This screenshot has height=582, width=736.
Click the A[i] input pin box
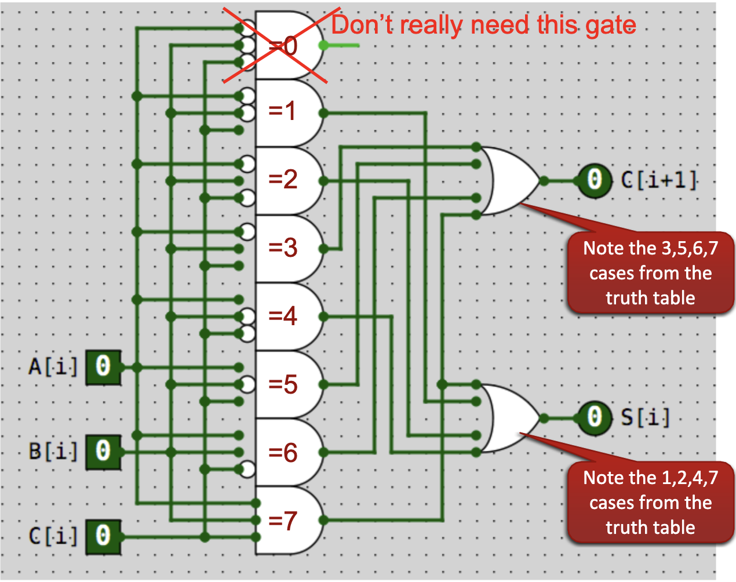click(x=103, y=368)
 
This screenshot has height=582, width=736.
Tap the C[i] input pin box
click(x=103, y=537)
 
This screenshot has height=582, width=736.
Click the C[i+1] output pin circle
click(x=594, y=180)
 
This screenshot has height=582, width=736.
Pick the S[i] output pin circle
click(x=594, y=417)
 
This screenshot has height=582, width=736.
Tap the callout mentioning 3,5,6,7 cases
click(x=650, y=273)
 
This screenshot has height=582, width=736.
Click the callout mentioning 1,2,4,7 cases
click(x=650, y=503)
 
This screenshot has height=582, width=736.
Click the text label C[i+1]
click(x=658, y=180)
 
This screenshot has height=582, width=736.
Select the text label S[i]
click(x=645, y=417)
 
